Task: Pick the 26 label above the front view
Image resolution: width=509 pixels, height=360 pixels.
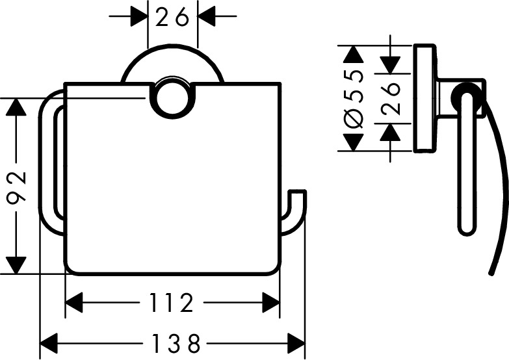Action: click(x=172, y=17)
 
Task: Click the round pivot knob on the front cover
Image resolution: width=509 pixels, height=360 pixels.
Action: click(x=174, y=97)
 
